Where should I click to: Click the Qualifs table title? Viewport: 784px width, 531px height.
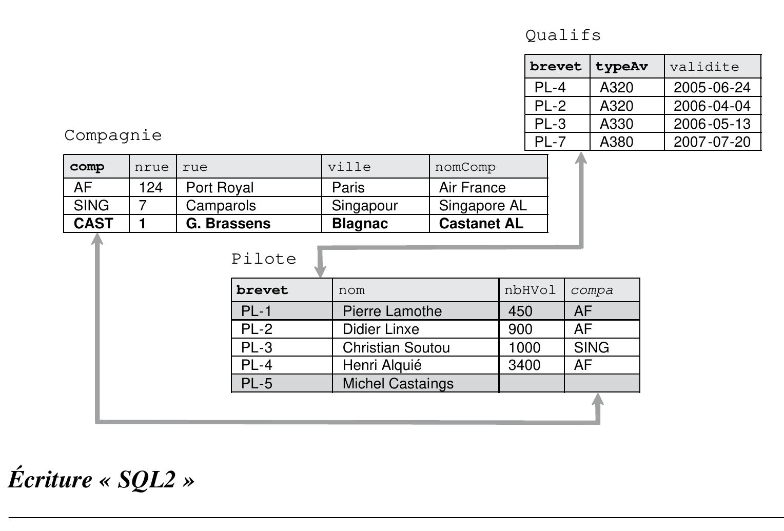tap(563, 35)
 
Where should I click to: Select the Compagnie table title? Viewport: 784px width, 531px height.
tap(113, 135)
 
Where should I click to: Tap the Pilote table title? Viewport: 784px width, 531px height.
tap(264, 259)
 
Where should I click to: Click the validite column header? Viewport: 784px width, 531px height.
tap(704, 67)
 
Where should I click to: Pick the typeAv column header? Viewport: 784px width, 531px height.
tap(621, 67)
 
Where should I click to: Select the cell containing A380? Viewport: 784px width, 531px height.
tap(616, 142)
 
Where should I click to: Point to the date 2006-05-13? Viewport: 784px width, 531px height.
tap(712, 124)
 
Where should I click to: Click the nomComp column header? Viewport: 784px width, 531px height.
tap(465, 167)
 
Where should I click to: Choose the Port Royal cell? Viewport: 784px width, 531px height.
tap(220, 188)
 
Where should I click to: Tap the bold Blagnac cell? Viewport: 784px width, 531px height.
tap(360, 224)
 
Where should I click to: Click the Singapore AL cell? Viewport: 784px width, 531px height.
tap(482, 206)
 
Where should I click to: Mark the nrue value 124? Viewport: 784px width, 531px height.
tap(150, 188)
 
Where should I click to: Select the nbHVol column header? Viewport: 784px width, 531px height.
tap(530, 290)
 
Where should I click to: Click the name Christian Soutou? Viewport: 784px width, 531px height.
tap(396, 348)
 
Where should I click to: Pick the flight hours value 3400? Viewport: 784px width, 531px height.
tap(524, 365)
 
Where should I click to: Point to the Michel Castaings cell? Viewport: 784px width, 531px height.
tap(398, 384)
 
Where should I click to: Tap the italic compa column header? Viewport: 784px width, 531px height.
tap(592, 290)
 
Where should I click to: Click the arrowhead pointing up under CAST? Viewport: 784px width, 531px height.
tap(97, 240)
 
